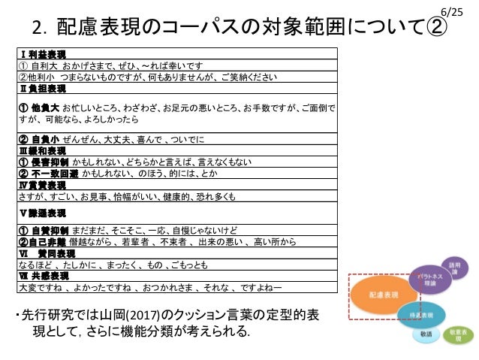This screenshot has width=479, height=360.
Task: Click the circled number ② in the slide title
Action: click(435, 29)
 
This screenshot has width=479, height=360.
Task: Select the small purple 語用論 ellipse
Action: click(456, 268)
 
